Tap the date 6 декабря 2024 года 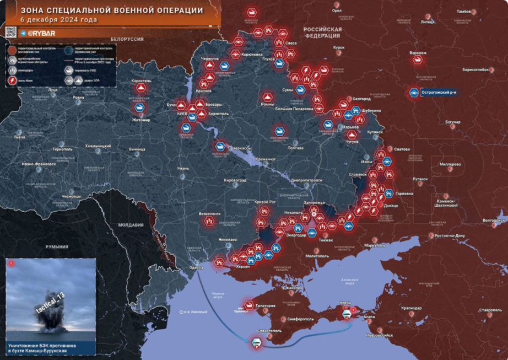(x=59, y=20)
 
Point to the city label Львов (x=19, y=137)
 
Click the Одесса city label (x=196, y=268)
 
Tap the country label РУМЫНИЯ (x=57, y=246)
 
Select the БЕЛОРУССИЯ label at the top (x=127, y=39)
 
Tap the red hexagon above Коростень (x=141, y=88)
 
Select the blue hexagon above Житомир (x=140, y=108)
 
